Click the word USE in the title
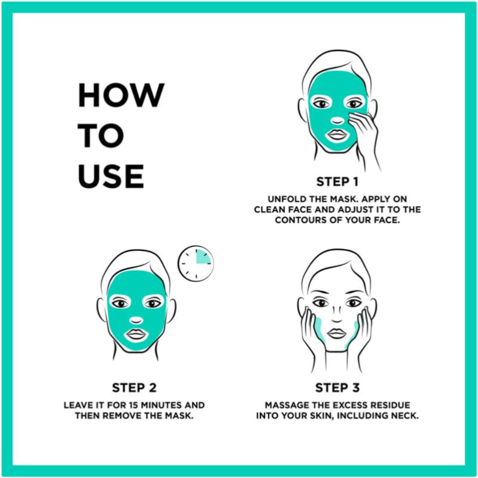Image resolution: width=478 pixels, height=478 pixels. coord(111,176)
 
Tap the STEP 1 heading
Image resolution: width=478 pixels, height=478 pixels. coord(337,182)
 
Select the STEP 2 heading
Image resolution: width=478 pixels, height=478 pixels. coord(134,388)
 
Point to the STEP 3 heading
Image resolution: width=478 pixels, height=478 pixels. coord(337,388)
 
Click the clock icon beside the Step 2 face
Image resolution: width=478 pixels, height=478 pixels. coord(196,263)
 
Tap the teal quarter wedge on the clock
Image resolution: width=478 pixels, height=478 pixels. coord(202,257)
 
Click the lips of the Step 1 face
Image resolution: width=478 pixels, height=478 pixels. coord(337,134)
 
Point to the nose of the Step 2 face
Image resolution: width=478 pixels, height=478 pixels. coord(136,320)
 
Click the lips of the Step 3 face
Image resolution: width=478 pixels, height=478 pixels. coord(337,333)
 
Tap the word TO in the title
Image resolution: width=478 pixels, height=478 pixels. coord(101,136)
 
